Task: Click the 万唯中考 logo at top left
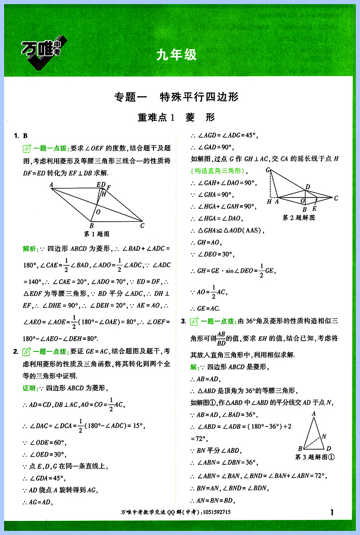coord(43,52)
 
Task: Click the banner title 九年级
coord(176,55)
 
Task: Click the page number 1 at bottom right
coord(332,513)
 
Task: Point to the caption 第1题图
coord(97,234)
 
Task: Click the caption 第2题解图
coord(299,218)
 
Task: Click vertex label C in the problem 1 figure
coord(143,225)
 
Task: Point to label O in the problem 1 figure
coord(98,212)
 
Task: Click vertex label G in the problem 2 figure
coord(268,170)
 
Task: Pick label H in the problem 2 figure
coord(270,202)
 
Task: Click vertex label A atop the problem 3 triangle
coord(314,414)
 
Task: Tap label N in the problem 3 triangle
coord(324,436)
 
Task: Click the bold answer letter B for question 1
coord(26,135)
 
